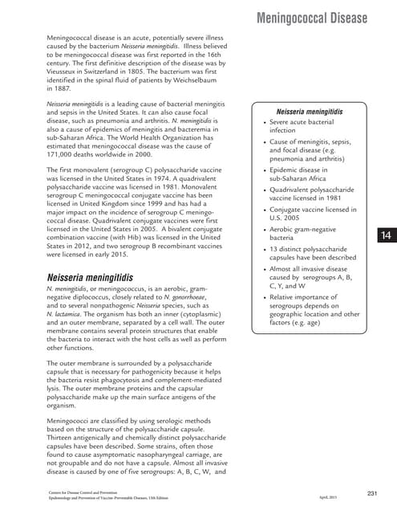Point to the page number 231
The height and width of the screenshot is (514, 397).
(372, 492)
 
